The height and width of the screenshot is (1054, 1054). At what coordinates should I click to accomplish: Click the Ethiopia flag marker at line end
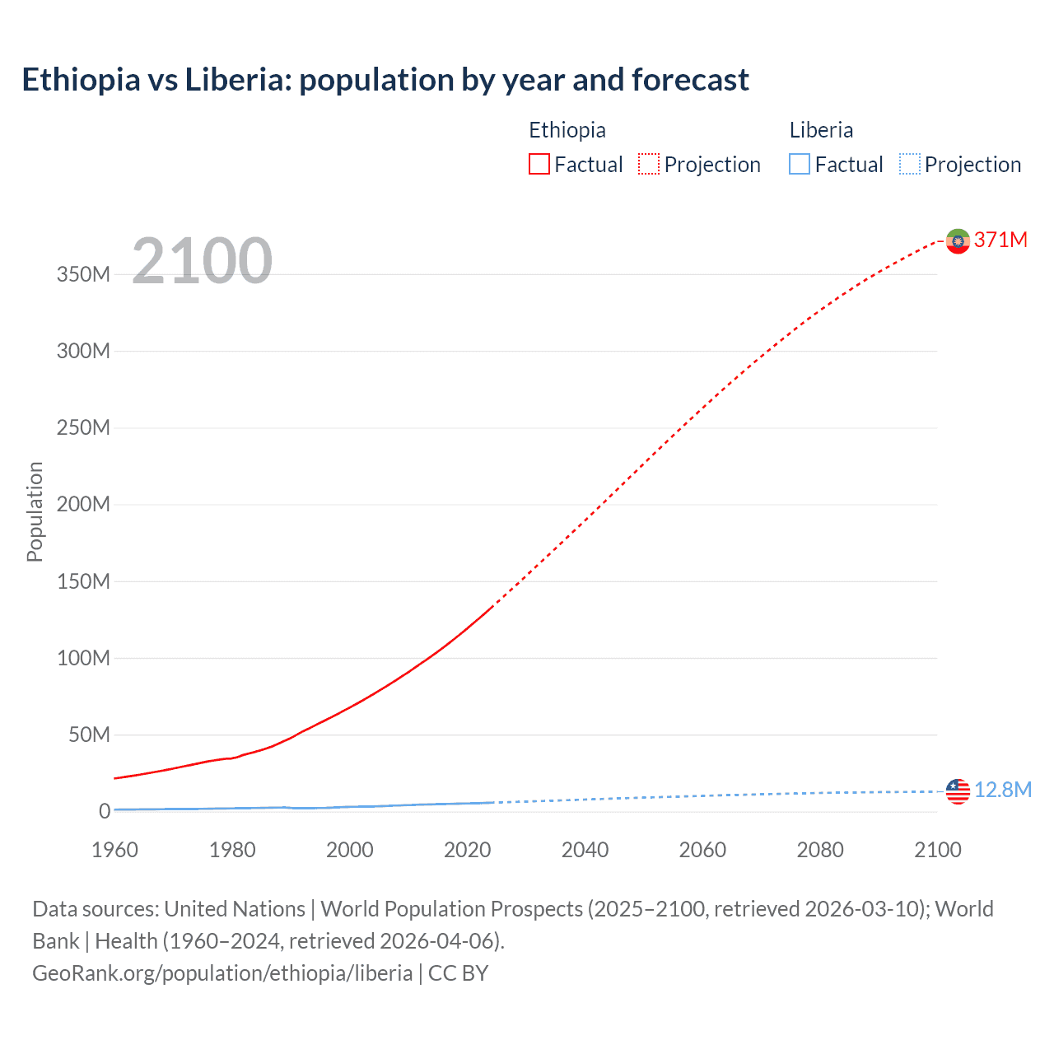pyautogui.click(x=958, y=241)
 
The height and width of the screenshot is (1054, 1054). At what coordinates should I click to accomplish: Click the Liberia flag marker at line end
pyautogui.click(x=958, y=791)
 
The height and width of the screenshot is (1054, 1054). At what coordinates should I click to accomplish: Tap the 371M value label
pyautogui.click(x=1000, y=240)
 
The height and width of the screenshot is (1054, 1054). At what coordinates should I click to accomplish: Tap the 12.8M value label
pyautogui.click(x=1002, y=790)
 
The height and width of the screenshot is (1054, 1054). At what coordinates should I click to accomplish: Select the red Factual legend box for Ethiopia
pyautogui.click(x=539, y=165)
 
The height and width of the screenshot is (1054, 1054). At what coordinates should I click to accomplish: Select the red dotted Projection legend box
pyautogui.click(x=649, y=165)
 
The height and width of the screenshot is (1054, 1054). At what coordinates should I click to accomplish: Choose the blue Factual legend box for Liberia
pyautogui.click(x=799, y=165)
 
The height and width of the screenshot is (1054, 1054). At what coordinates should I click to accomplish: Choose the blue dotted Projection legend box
pyautogui.click(x=910, y=165)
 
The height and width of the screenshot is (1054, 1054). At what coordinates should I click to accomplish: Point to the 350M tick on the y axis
pyautogui.click(x=83, y=275)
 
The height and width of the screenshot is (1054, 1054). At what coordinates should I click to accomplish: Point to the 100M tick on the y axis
pyautogui.click(x=83, y=658)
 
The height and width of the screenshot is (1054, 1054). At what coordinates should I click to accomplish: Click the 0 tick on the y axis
pyautogui.click(x=104, y=811)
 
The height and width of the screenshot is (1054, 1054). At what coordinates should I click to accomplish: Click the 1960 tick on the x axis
pyautogui.click(x=114, y=850)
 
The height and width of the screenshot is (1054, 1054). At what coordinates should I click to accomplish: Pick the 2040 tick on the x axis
pyautogui.click(x=585, y=850)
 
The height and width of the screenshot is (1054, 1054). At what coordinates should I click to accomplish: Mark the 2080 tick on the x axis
pyautogui.click(x=820, y=850)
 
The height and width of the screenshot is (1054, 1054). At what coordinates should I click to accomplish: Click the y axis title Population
pyautogui.click(x=35, y=511)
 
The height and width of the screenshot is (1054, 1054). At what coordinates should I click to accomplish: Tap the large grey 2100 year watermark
pyautogui.click(x=202, y=261)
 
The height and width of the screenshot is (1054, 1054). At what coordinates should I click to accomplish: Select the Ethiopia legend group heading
pyautogui.click(x=567, y=130)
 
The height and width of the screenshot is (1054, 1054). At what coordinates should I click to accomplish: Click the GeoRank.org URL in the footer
pyautogui.click(x=222, y=972)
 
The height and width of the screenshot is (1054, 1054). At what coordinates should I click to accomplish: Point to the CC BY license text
pyautogui.click(x=459, y=972)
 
